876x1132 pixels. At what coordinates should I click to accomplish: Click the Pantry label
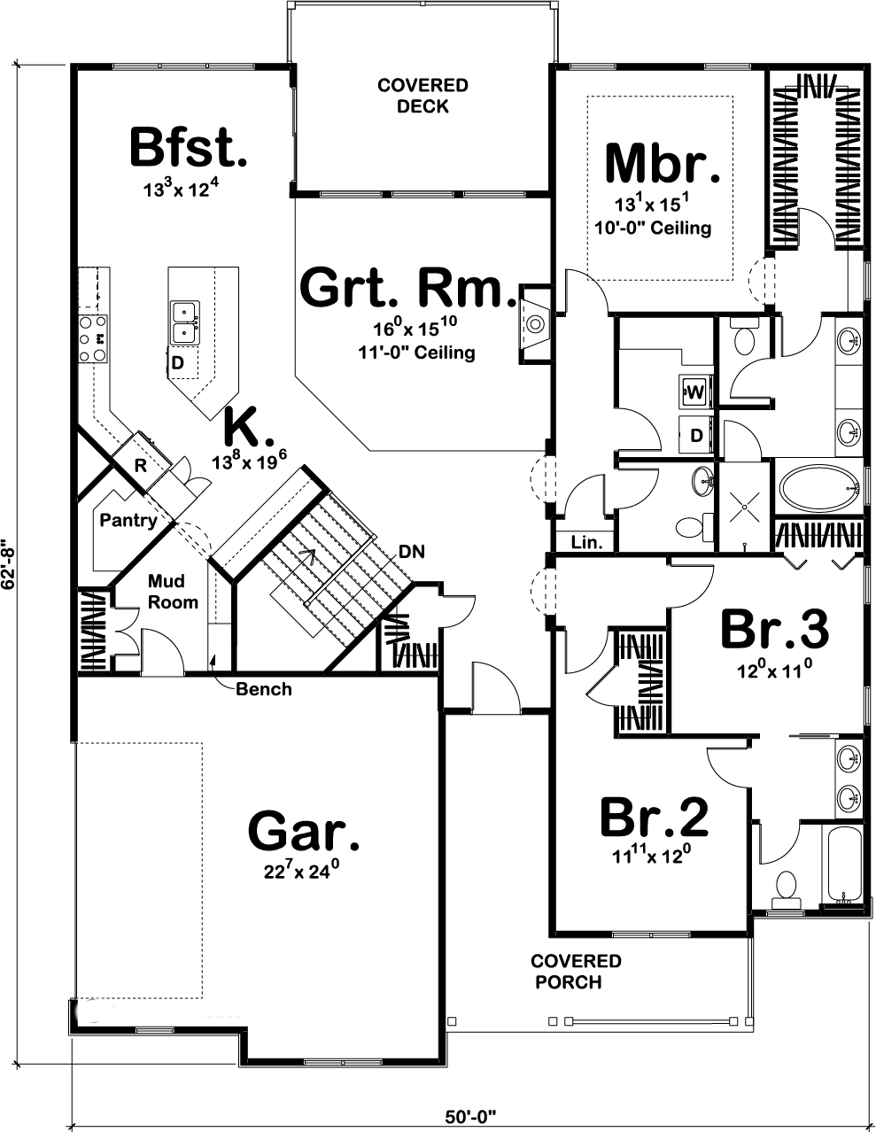pyautogui.click(x=128, y=520)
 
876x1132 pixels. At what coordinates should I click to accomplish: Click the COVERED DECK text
pyautogui.click(x=422, y=96)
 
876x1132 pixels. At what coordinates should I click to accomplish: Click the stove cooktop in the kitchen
pyautogui.click(x=93, y=338)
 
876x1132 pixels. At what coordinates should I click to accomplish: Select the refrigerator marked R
pyautogui.click(x=141, y=460)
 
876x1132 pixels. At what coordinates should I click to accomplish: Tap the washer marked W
pyautogui.click(x=694, y=392)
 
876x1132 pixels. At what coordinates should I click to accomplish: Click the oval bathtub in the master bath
pyautogui.click(x=819, y=487)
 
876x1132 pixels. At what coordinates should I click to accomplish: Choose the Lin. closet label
pyautogui.click(x=586, y=542)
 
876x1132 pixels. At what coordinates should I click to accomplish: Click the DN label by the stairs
pyautogui.click(x=412, y=552)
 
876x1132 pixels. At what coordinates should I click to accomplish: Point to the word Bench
pyautogui.click(x=264, y=689)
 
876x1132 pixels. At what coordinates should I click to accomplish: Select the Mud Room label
pyautogui.click(x=173, y=592)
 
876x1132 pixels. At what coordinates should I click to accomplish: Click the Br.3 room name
pyautogui.click(x=774, y=629)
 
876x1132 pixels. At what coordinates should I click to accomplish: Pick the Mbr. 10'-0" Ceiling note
pyautogui.click(x=653, y=228)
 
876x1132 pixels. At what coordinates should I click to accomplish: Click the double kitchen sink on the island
pyautogui.click(x=185, y=322)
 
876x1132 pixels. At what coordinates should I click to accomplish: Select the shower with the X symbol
pyautogui.click(x=744, y=506)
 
